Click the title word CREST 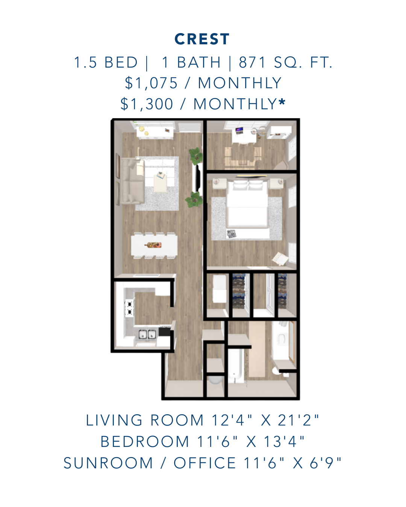202,39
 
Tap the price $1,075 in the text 151,83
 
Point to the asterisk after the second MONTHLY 282,103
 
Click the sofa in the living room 130,181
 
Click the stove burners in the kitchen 129,307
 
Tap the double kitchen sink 147,334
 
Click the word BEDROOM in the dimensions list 145,442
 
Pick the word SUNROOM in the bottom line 108,463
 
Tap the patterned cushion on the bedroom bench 232,234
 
